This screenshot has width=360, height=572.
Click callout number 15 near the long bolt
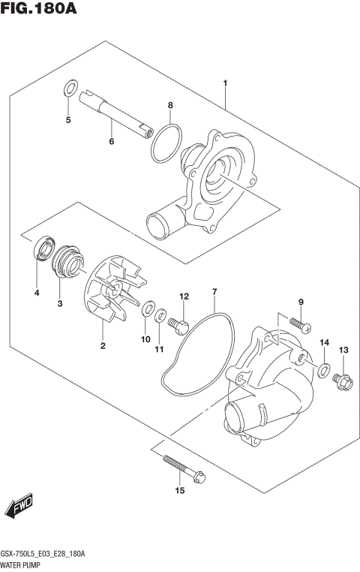coord(179,492)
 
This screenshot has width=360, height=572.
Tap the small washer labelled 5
coord(70,87)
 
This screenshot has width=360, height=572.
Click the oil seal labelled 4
coord(40,248)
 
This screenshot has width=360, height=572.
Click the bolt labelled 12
coord(180,324)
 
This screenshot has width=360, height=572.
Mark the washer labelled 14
coord(323,369)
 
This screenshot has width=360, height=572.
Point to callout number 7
coord(214,291)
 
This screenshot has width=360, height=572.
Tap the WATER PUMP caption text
coord(22,564)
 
